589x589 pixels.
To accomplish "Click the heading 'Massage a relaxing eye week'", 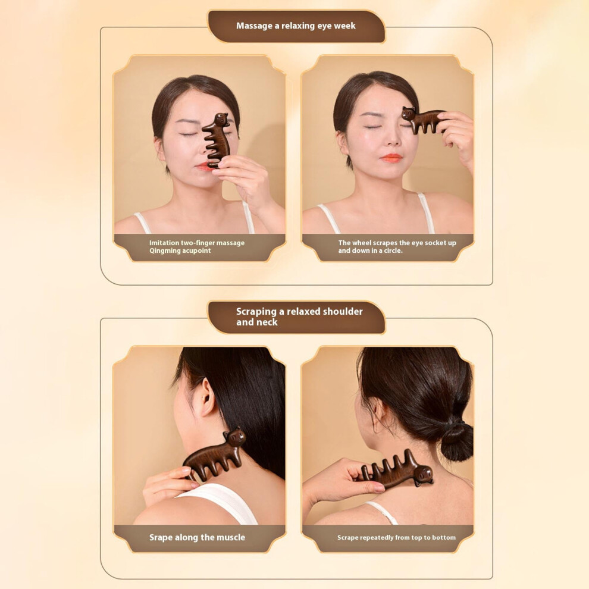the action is (x=296, y=26).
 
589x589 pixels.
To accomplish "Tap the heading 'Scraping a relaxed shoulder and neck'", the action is (x=299, y=317).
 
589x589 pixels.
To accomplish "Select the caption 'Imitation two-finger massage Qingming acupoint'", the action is (x=197, y=247).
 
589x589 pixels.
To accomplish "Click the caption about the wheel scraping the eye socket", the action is (x=397, y=247).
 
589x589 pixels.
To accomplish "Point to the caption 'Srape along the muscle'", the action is (x=197, y=538).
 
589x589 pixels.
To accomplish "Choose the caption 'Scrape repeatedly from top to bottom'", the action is (x=396, y=538).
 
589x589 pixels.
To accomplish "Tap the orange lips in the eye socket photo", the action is (x=391, y=158).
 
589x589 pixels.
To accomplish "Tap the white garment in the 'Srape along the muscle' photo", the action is (x=222, y=502).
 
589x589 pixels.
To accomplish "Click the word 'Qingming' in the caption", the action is (x=165, y=251).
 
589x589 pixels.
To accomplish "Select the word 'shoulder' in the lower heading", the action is (x=343, y=311).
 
